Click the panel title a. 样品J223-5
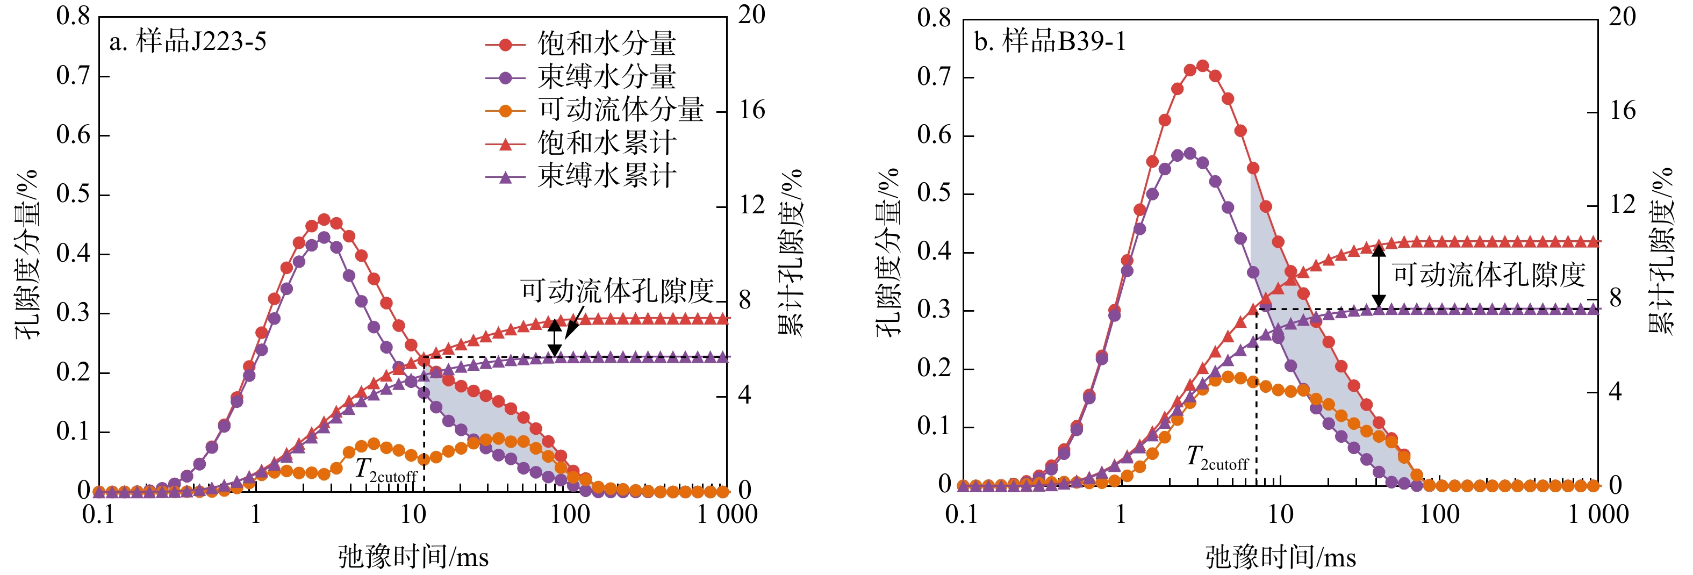(188, 41)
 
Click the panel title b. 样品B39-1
(1050, 41)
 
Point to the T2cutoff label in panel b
(1216, 457)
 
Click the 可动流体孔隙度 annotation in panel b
(1489, 275)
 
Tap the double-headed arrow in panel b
(1379, 276)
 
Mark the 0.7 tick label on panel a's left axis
(73, 76)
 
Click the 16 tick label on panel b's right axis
(1623, 110)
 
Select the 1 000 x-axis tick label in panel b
(1598, 514)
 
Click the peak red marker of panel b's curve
(1203, 66)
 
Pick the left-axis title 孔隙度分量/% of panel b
(888, 253)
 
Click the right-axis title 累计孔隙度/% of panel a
(791, 253)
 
